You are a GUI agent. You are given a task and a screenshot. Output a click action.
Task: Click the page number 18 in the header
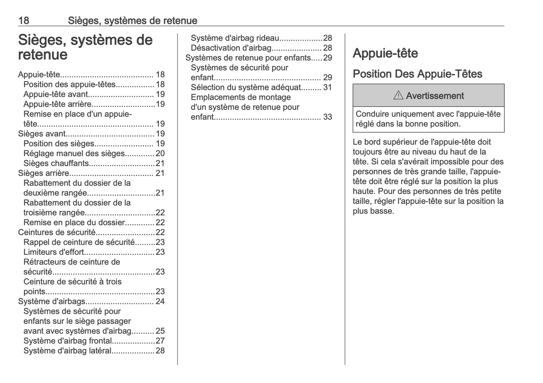(24, 20)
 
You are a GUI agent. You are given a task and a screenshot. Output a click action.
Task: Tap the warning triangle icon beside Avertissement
(398, 96)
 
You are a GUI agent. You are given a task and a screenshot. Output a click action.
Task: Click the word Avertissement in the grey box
(435, 96)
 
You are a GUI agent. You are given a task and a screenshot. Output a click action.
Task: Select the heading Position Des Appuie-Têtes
(417, 74)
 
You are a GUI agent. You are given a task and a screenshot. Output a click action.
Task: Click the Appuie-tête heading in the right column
(385, 53)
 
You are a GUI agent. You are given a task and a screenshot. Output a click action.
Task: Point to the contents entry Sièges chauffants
(56, 163)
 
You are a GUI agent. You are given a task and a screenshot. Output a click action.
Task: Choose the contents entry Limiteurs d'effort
(54, 252)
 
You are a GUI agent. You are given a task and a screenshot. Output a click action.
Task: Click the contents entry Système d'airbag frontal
(68, 341)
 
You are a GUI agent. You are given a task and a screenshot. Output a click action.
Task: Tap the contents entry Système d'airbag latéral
(67, 351)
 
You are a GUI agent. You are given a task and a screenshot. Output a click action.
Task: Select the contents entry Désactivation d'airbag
(231, 48)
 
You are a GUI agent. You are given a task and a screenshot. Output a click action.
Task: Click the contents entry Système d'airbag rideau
(235, 38)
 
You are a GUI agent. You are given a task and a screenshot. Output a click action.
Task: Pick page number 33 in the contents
(327, 117)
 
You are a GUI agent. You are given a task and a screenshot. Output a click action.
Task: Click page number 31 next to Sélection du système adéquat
(327, 87)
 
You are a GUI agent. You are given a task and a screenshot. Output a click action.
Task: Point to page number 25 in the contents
(160, 331)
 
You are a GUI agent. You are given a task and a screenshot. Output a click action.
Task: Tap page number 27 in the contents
(160, 341)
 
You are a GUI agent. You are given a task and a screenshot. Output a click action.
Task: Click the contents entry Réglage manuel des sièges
(74, 154)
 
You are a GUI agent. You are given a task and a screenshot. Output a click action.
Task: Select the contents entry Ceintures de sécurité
(57, 232)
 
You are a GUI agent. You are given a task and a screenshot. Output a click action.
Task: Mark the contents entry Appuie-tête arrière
(57, 104)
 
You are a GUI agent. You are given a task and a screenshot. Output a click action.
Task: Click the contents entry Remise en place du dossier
(74, 222)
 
